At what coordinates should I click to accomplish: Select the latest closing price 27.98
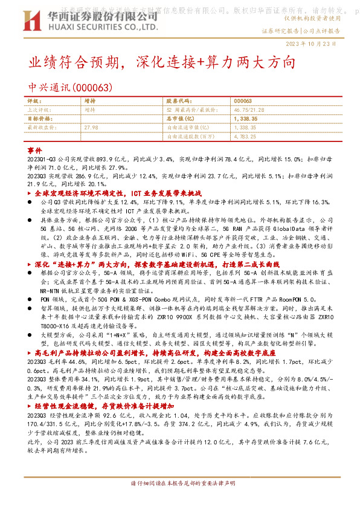tap(91, 128)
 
